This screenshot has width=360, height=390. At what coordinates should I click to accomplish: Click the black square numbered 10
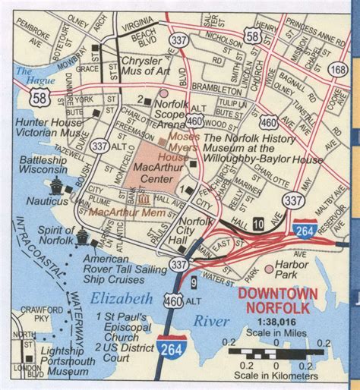(x=260, y=222)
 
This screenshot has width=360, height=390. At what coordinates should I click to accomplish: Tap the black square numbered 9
(x=194, y=283)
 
